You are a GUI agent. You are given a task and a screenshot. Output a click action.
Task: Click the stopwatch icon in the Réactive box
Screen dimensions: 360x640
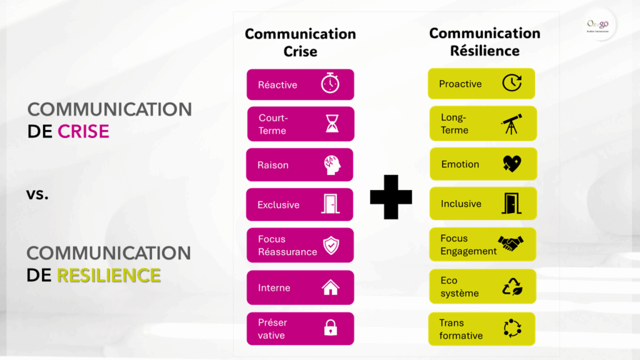(x=330, y=84)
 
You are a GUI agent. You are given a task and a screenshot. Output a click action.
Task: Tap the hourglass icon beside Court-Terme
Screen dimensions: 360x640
(x=332, y=124)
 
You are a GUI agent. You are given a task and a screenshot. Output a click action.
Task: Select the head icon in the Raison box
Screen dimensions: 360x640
(x=331, y=165)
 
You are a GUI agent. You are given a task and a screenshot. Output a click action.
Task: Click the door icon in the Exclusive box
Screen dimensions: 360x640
(x=331, y=204)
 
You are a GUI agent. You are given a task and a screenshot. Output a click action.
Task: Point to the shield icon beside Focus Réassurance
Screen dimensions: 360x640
(x=331, y=245)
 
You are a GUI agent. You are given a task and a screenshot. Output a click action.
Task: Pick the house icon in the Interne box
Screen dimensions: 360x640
(x=331, y=287)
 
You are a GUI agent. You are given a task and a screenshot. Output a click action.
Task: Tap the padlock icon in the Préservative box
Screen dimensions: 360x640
(x=330, y=328)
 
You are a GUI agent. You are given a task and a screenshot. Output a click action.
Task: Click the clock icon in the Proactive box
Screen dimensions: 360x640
(x=511, y=83)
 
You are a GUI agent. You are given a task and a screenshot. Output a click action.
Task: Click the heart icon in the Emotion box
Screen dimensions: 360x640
(x=511, y=164)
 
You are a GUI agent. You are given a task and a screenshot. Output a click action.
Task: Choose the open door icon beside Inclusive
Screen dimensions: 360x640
(x=511, y=203)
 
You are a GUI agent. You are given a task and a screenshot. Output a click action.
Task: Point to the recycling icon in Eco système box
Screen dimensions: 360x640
(x=512, y=286)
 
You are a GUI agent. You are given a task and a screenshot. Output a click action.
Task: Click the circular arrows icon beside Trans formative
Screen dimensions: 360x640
(x=512, y=328)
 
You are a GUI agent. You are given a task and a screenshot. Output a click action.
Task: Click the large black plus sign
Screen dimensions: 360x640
(x=391, y=197)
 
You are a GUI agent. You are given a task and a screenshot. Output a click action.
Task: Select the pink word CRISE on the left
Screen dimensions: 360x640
(x=83, y=131)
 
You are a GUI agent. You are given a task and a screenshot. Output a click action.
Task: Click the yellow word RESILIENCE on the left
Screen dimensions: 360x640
(x=109, y=274)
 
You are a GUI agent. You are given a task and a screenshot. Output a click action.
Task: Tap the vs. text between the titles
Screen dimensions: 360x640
(x=37, y=194)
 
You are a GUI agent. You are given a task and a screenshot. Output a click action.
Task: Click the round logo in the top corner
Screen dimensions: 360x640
(x=597, y=25)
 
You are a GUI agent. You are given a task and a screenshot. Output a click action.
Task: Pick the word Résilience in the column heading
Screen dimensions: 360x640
(x=484, y=51)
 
